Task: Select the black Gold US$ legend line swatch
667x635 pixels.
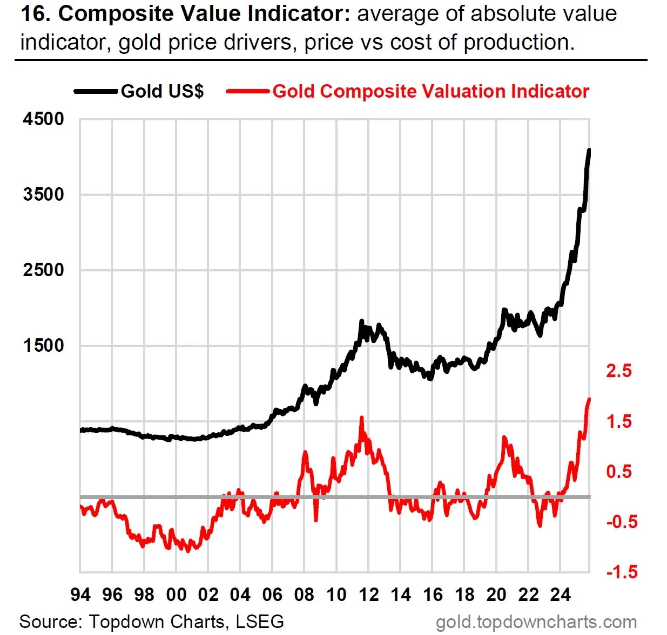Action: pos(96,91)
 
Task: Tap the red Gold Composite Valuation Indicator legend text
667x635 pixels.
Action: pos(430,91)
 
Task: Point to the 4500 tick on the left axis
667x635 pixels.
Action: pos(43,119)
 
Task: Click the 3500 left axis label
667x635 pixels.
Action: pos(43,194)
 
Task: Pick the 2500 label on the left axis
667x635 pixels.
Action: pos(43,270)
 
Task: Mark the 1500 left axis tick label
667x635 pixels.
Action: pos(43,345)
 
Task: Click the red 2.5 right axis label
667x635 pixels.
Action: pos(618,371)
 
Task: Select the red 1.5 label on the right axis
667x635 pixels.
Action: pos(618,421)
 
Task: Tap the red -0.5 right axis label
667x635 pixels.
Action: pos(621,522)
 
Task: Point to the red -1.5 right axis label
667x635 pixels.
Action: pos(621,572)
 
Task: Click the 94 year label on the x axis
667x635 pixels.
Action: pos(80,595)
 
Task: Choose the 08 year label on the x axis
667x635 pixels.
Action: pos(304,595)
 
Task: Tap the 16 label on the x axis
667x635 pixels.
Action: pos(433,595)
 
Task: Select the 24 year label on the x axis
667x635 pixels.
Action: pos(560,595)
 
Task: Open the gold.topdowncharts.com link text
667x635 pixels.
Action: pos(536,622)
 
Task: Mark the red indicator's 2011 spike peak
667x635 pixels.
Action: pos(361,417)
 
